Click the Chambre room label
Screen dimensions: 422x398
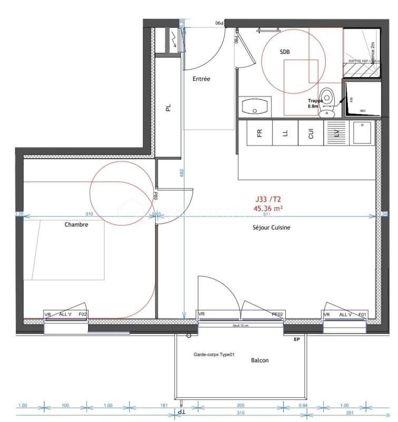76,224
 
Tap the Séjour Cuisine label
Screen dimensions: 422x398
271,227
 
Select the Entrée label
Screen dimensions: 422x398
201,79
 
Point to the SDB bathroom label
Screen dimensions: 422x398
285,52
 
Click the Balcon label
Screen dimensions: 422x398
259,360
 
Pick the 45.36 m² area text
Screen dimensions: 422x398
268,208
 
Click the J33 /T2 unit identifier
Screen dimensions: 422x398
268,199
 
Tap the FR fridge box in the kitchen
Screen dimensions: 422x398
259,133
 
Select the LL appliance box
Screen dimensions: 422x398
285,133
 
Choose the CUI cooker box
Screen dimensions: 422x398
310,133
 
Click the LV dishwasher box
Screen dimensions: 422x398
335,133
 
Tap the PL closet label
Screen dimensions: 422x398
168,108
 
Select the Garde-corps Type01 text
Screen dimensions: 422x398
214,354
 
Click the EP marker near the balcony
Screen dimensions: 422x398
296,340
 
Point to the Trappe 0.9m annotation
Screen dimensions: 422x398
315,103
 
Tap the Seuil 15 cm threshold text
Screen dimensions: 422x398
240,325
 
